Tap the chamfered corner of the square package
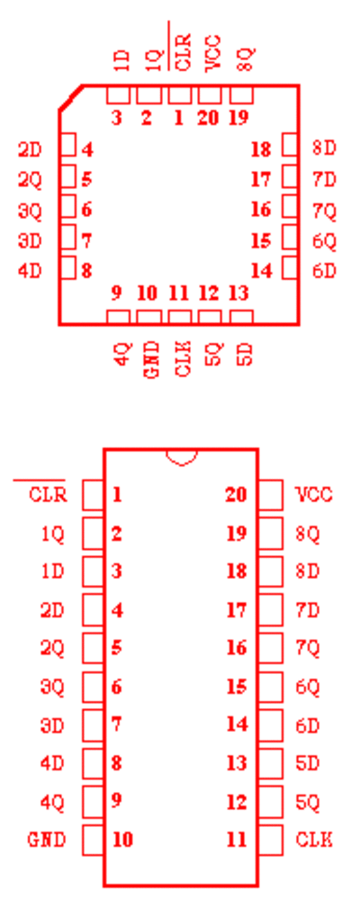70,97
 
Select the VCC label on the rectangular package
314,494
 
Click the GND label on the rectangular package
47,840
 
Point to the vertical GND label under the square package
151,359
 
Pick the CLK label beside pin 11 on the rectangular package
314,840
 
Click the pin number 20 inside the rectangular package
236,494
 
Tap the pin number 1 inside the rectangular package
117,494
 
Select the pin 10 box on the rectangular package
93,840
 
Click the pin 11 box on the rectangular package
271,840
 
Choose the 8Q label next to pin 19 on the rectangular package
308,535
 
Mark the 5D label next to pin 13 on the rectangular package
308,763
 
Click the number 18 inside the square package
261,149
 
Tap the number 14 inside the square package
261,270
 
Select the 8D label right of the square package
324,148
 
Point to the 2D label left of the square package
30,150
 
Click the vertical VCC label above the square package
212,53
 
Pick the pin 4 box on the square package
68,145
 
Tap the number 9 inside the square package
116,293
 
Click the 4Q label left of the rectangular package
53,802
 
